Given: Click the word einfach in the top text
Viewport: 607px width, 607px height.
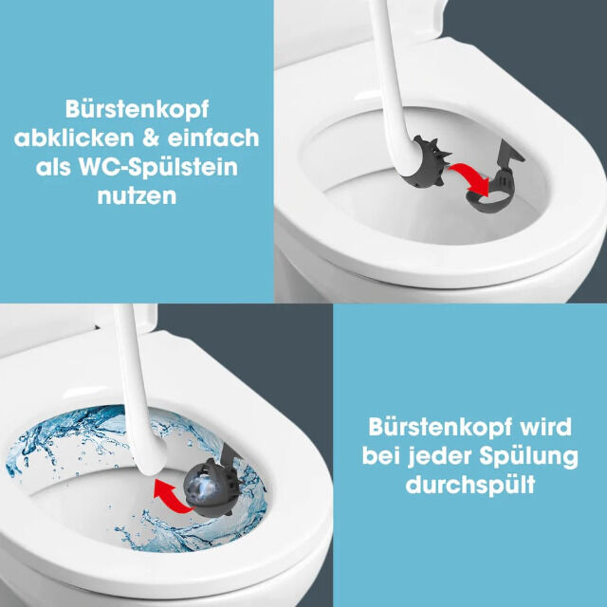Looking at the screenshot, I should (x=215, y=138).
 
